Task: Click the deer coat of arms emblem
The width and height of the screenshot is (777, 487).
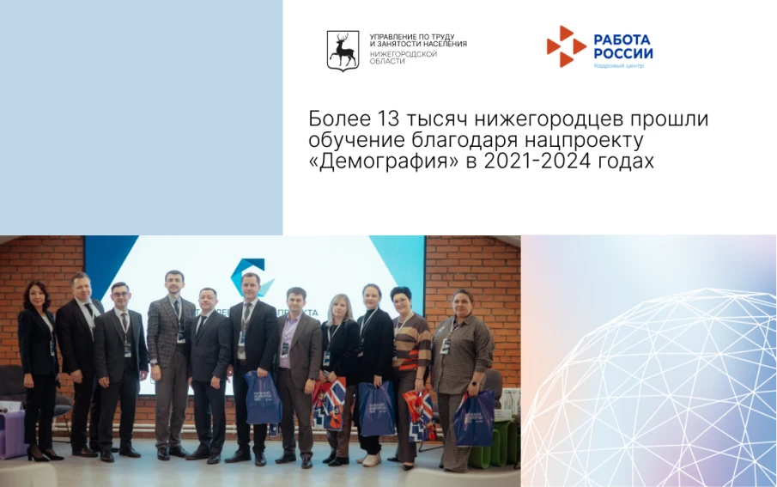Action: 343,50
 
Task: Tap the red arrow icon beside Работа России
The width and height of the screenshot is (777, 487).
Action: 565,46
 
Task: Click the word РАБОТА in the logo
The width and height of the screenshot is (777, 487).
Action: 622,40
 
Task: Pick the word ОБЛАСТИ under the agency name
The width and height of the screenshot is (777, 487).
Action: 387,61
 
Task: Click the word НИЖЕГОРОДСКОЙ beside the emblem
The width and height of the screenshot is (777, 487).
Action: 403,53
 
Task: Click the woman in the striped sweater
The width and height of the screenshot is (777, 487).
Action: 410,352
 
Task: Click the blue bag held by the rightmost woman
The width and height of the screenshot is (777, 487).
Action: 475,418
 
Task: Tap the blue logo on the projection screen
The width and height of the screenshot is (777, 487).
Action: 249,275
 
